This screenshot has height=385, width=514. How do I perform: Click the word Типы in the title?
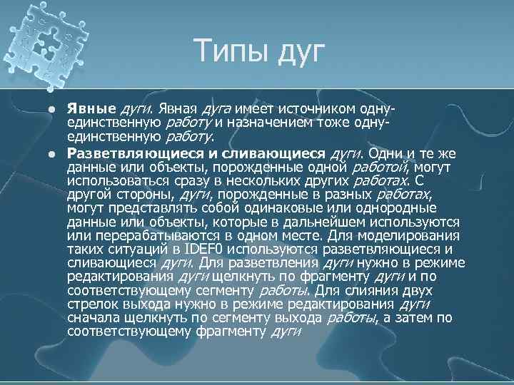pos(226,52)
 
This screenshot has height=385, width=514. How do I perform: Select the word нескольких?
pos(277,181)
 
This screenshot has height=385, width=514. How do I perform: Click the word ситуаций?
pos(148,249)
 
